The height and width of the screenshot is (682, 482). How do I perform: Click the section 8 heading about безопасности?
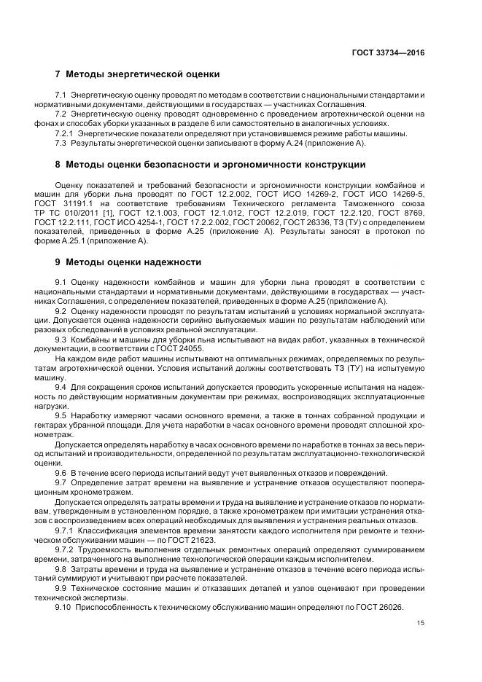210,165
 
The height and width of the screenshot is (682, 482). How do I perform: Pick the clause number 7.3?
61,142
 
